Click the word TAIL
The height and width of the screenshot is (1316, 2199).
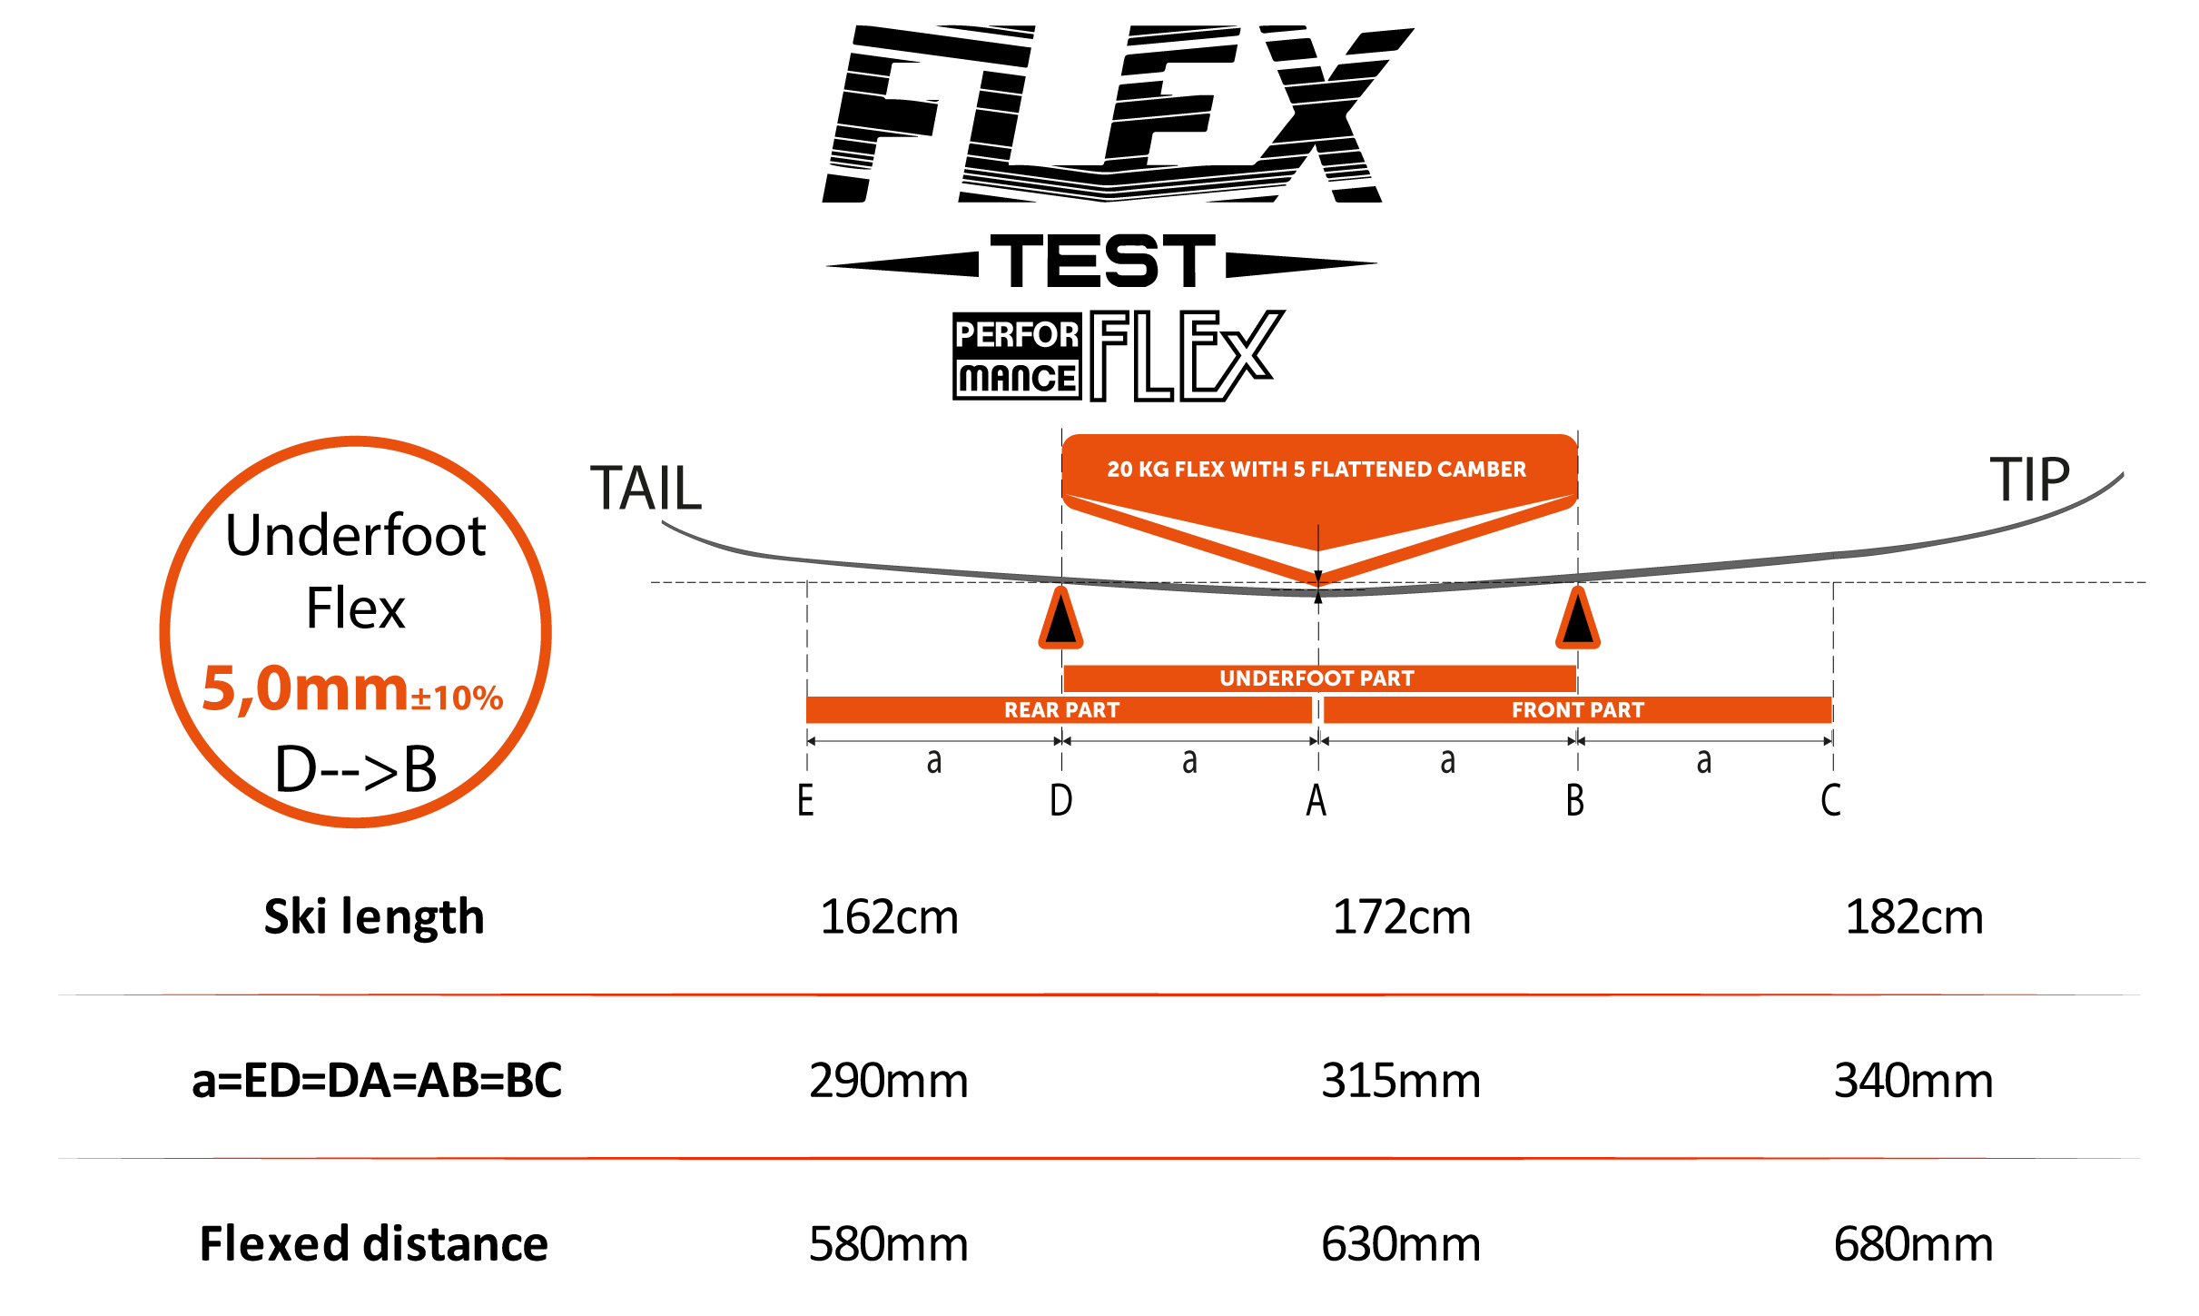point(646,489)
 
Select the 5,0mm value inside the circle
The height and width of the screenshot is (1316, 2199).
point(304,688)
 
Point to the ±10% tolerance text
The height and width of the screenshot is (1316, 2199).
point(457,698)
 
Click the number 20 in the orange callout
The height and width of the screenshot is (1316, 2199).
point(1119,470)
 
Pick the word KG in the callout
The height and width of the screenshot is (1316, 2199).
point(1153,470)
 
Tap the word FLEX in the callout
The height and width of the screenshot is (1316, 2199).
point(1199,470)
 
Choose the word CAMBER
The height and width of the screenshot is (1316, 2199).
point(1482,470)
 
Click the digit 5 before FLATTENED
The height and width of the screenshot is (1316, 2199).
point(1299,470)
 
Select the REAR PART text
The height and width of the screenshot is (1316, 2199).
point(1061,710)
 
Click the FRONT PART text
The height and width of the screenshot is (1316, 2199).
point(1577,710)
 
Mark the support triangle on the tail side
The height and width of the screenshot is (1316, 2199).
point(1060,619)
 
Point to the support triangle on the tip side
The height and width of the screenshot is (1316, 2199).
point(1578,619)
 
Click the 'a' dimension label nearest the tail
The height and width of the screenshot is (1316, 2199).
point(933,761)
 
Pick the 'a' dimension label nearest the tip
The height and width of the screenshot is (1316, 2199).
point(1704,761)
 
